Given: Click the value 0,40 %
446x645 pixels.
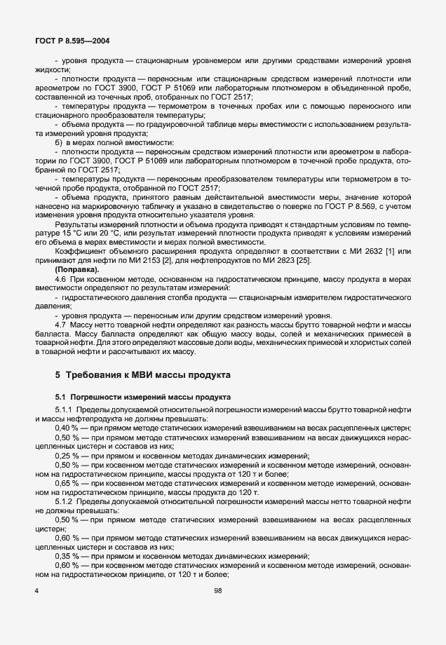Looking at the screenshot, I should point(66,427).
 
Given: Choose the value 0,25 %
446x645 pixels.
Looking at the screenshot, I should point(66,456).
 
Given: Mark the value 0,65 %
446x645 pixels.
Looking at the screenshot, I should point(66,484).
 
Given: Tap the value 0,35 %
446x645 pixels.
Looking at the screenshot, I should point(66,555).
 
